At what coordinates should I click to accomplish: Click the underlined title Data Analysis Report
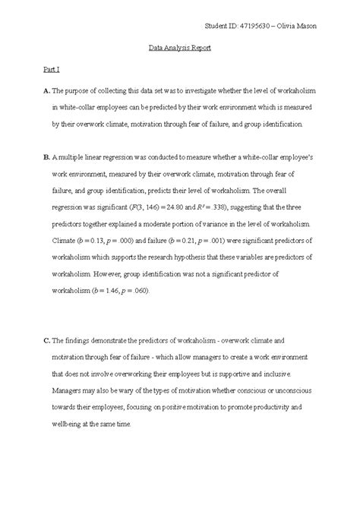pyautogui.click(x=179, y=48)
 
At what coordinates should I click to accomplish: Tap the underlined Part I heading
pyautogui.click(x=49, y=69)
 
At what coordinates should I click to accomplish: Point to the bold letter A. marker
pyautogui.click(x=46, y=91)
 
